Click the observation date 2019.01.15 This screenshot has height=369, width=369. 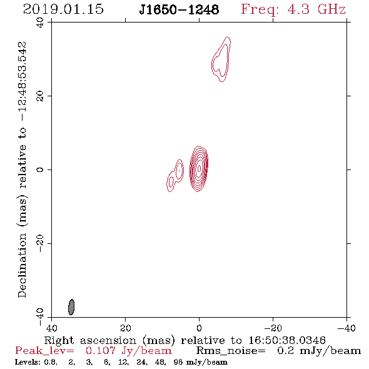tap(63, 9)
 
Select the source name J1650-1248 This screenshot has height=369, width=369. tap(179, 10)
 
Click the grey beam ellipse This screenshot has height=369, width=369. tap(71, 307)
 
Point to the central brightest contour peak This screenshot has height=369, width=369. tap(199, 168)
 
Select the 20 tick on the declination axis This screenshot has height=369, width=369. tap(40, 96)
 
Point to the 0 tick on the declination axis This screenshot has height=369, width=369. tap(40, 169)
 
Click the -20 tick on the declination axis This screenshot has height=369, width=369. tap(40, 243)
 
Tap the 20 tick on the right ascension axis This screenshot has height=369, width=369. tap(126, 328)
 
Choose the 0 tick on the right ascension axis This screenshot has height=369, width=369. tap(199, 328)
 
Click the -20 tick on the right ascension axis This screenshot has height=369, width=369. tap(273, 328)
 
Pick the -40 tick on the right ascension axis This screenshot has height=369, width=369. tap(346, 328)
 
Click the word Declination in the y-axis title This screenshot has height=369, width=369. tap(22, 266)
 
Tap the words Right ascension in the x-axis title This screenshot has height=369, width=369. tap(90, 340)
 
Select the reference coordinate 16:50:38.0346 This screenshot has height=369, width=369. tap(287, 340)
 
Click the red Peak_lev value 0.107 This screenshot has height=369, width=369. tap(101, 351)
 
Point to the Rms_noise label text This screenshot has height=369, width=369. tap(231, 351)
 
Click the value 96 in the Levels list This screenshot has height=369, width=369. tap(178, 361)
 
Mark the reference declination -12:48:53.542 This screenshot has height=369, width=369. tap(22, 82)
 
